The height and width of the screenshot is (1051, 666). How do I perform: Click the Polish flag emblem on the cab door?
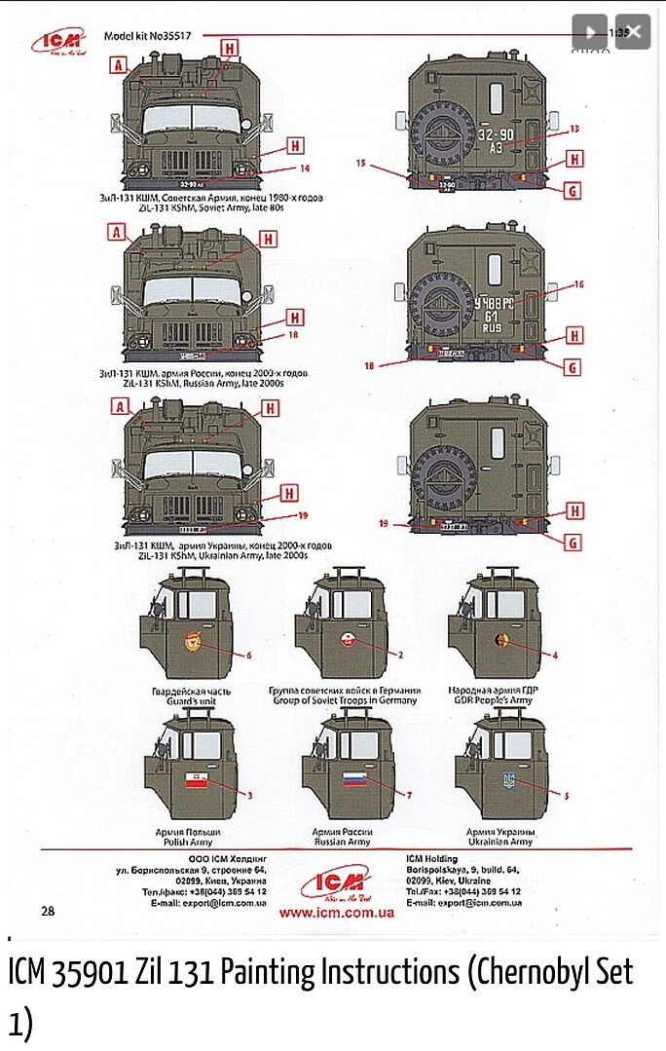click(199, 778)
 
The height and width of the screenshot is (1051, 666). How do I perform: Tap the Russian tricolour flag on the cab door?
click(352, 778)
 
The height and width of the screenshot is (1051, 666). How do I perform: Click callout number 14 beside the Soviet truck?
click(305, 169)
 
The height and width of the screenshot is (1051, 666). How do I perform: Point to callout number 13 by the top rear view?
click(574, 129)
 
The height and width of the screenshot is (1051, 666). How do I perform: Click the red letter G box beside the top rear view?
click(573, 191)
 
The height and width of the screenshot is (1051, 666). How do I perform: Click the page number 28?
click(49, 910)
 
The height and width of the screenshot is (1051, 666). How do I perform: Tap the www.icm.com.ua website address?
click(336, 913)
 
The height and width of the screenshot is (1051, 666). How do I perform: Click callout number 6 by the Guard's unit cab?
click(249, 656)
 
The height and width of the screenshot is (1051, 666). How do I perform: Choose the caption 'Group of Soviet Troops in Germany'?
click(343, 699)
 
